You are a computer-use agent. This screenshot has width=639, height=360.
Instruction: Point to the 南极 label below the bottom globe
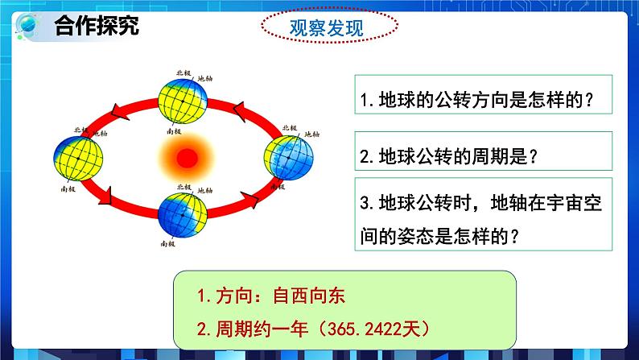coord(167,242)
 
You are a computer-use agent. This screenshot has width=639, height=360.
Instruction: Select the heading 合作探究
coord(97,25)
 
